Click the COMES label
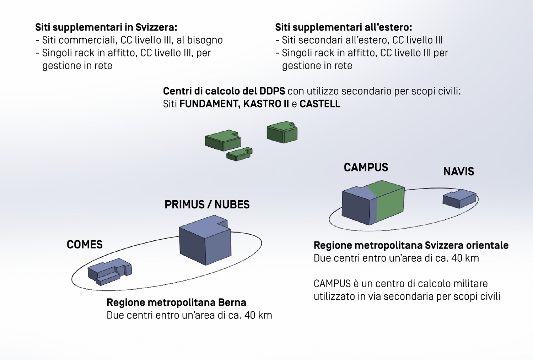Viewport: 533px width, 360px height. [85, 245]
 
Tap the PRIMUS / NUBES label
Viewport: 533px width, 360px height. [207, 204]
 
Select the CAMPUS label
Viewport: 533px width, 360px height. [366, 168]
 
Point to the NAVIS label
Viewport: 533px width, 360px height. [458, 171]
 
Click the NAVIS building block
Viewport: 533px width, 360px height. [459, 198]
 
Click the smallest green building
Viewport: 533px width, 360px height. [239, 154]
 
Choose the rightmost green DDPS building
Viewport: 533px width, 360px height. [282, 132]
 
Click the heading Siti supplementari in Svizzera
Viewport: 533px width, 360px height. [106, 27]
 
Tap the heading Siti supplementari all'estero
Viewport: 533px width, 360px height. [343, 27]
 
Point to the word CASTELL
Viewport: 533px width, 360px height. [320, 104]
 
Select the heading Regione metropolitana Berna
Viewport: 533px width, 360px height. [176, 302]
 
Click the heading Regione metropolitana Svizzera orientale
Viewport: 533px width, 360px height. [411, 245]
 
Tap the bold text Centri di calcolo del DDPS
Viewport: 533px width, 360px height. [224, 91]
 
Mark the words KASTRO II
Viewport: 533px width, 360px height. [266, 104]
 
